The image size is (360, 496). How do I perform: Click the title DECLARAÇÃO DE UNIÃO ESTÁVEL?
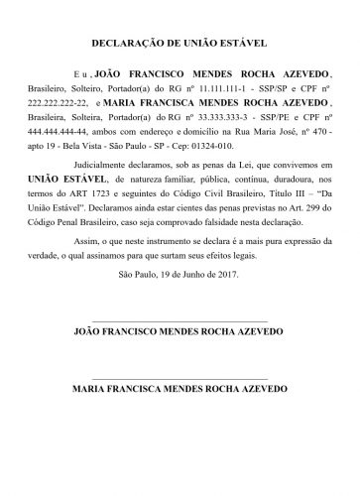coord(180,44)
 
